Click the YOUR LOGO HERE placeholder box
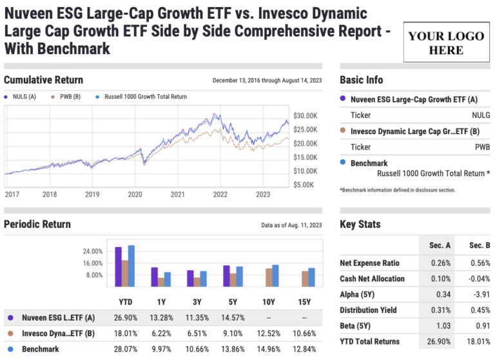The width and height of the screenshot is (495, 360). click(x=445, y=42)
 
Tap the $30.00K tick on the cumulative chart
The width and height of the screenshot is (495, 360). click(x=305, y=115)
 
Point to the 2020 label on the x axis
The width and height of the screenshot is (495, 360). click(x=135, y=194)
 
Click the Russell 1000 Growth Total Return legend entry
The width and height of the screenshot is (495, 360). click(x=141, y=97)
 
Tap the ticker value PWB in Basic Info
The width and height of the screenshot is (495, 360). click(x=481, y=147)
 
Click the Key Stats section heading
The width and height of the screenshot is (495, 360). click(x=360, y=225)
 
